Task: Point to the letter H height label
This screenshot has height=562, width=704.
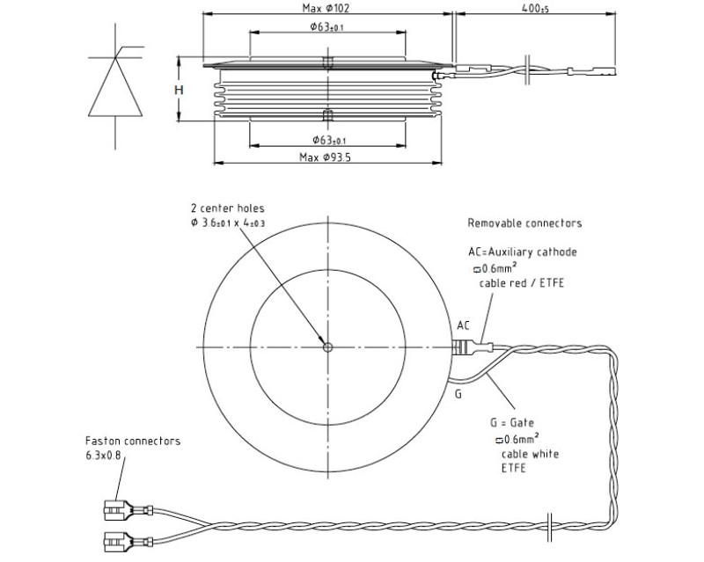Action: point(178,91)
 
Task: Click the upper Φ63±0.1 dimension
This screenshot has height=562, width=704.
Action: point(327,27)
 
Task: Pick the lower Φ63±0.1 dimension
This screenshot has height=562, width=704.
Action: point(328,141)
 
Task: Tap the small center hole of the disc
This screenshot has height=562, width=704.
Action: point(327,347)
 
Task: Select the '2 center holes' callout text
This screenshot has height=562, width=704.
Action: point(227,208)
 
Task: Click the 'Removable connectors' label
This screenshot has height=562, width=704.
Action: point(524,223)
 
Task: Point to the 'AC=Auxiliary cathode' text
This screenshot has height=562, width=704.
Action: point(523,252)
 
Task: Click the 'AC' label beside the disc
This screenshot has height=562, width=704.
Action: point(465,325)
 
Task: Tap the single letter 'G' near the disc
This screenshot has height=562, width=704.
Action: point(458,394)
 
